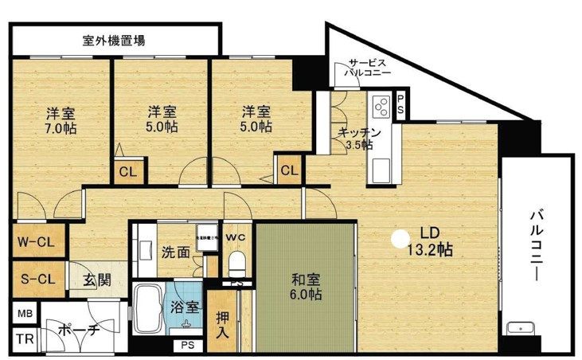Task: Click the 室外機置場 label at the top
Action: coord(114,39)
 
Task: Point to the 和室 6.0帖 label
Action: coord(304,287)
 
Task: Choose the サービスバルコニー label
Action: coord(367,67)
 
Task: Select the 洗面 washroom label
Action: coord(175,252)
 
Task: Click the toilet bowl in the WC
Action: coord(236,260)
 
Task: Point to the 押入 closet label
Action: coord(225,323)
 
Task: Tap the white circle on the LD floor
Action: coord(398,237)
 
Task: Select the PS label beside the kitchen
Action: coord(400,103)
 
